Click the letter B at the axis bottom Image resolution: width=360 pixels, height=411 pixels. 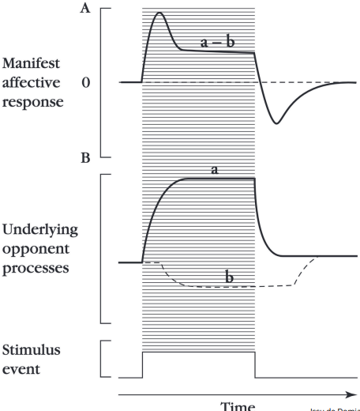[85, 158]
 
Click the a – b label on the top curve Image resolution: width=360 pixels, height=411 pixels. [215, 43]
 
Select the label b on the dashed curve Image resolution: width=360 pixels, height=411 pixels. [230, 277]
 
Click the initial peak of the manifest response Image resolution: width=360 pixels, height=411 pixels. [160, 13]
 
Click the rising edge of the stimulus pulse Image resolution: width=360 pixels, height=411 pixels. [142, 364]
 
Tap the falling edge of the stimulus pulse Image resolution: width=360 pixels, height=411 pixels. [255, 364]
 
